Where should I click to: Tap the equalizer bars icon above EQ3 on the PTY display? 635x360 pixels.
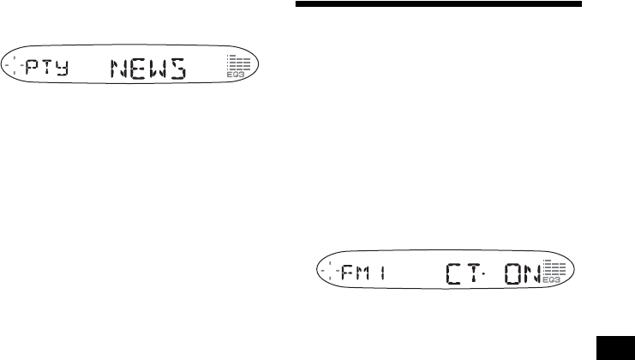click(x=237, y=65)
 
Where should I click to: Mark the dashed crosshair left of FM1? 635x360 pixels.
click(x=330, y=273)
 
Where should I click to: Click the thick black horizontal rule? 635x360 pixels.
click(x=438, y=4)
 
